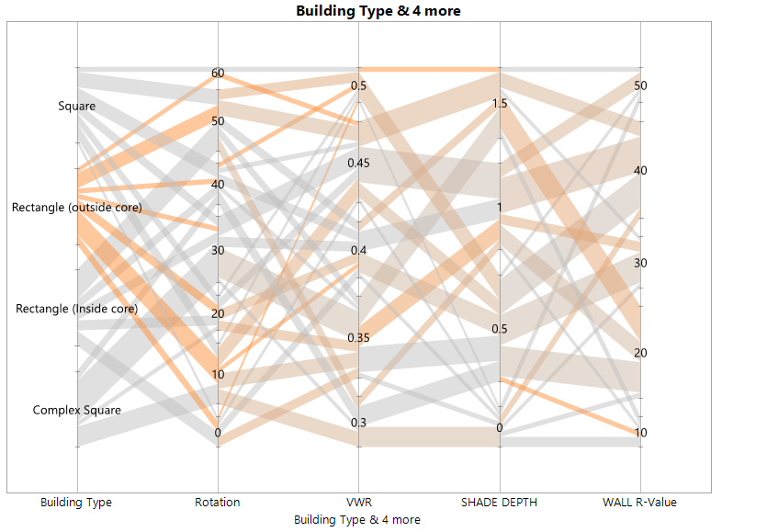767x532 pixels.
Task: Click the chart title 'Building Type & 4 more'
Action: coord(378,11)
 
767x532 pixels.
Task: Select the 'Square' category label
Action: coord(77,107)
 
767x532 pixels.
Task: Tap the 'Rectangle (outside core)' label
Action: coord(77,208)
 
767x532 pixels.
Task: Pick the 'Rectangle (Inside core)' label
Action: coord(77,309)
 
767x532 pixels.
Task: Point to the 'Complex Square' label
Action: coord(77,410)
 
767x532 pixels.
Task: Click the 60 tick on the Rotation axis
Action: coord(218,74)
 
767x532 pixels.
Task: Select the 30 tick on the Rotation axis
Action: coord(218,250)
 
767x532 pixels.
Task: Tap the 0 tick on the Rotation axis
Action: coord(218,433)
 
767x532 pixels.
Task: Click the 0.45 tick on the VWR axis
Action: coord(359,164)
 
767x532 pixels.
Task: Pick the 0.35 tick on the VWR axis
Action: coord(359,338)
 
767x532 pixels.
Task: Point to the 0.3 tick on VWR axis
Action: coord(359,423)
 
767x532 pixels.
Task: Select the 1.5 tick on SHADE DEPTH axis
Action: coord(500,104)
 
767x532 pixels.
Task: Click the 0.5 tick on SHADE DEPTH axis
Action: coord(500,329)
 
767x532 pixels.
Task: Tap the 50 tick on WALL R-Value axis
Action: coord(641,85)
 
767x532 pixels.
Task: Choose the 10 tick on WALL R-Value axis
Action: coord(641,433)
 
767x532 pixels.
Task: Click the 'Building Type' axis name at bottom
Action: coord(76,502)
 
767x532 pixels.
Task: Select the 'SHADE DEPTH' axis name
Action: coord(500,502)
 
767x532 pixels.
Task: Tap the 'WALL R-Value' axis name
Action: coord(641,502)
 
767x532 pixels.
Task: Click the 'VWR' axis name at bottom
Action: coord(358,502)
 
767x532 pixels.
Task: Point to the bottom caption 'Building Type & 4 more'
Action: coord(357,519)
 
